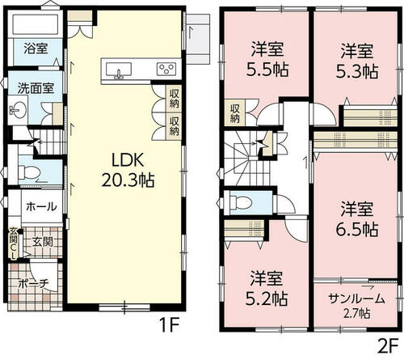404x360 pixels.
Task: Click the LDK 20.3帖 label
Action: pos(128,170)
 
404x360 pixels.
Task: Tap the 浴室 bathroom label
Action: pos(36,49)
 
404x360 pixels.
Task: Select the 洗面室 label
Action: pos(36,88)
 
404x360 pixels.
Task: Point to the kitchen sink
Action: pos(119,70)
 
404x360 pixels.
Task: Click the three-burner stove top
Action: pos(166,69)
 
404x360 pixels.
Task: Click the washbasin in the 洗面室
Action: pos(18,110)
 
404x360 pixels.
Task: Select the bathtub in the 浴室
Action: pos(36,24)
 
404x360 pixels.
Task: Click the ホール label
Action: pos(41,207)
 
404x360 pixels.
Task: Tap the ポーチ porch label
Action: pos(34,284)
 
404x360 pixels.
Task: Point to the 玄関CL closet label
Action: pos(13,243)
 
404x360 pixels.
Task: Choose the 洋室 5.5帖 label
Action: pos(267,59)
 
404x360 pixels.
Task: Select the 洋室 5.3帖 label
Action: pos(357,61)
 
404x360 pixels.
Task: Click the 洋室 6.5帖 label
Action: pos(357,218)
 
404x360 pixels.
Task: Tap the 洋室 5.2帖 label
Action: pos(267,288)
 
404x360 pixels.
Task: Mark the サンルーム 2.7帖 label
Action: pos(356,306)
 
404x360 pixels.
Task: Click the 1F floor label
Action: pos(169,325)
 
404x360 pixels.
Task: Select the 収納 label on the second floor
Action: pos(235,113)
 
